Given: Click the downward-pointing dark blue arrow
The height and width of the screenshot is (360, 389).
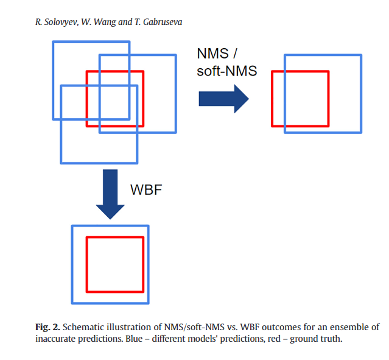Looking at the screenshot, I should click(x=110, y=194).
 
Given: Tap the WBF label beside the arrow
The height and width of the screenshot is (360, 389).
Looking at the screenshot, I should click(x=147, y=189).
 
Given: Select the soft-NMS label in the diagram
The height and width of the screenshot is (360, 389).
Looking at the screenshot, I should click(x=226, y=71).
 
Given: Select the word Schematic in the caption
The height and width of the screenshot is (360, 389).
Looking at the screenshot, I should click(x=83, y=327).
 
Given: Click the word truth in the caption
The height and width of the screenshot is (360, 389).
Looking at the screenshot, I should click(x=332, y=339).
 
